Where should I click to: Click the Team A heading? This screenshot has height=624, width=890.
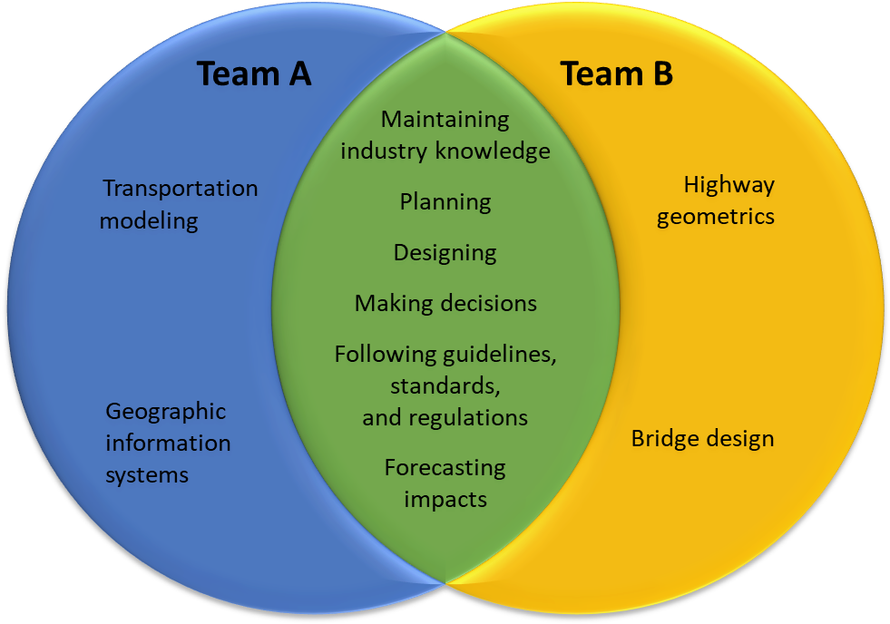pyautogui.click(x=254, y=73)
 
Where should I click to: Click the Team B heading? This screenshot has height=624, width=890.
pyautogui.click(x=616, y=73)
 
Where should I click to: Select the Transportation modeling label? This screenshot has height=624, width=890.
pyautogui.click(x=180, y=204)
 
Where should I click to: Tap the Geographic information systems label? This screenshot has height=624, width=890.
pyautogui.click(x=168, y=443)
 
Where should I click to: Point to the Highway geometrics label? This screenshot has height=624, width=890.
pyautogui.click(x=716, y=200)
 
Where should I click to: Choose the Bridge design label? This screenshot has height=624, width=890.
pyautogui.click(x=703, y=439)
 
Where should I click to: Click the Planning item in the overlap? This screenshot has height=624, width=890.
pyautogui.click(x=445, y=201)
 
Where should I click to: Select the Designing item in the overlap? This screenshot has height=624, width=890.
pyautogui.click(x=445, y=252)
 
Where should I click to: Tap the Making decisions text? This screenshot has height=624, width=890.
pyautogui.click(x=445, y=303)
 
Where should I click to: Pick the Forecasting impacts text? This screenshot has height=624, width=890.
pyautogui.click(x=445, y=483)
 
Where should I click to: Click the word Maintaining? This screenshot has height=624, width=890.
pyautogui.click(x=445, y=119)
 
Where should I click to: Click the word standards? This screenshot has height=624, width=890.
pyautogui.click(x=445, y=386)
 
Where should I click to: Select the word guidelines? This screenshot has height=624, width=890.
pyautogui.click(x=498, y=355)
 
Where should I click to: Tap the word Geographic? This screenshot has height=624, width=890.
pyautogui.click(x=166, y=412)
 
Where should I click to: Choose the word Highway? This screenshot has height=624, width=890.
pyautogui.click(x=729, y=185)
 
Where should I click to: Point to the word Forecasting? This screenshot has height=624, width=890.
pyautogui.click(x=445, y=468)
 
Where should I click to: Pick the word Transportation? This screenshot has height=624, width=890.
pyautogui.click(x=181, y=189)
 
